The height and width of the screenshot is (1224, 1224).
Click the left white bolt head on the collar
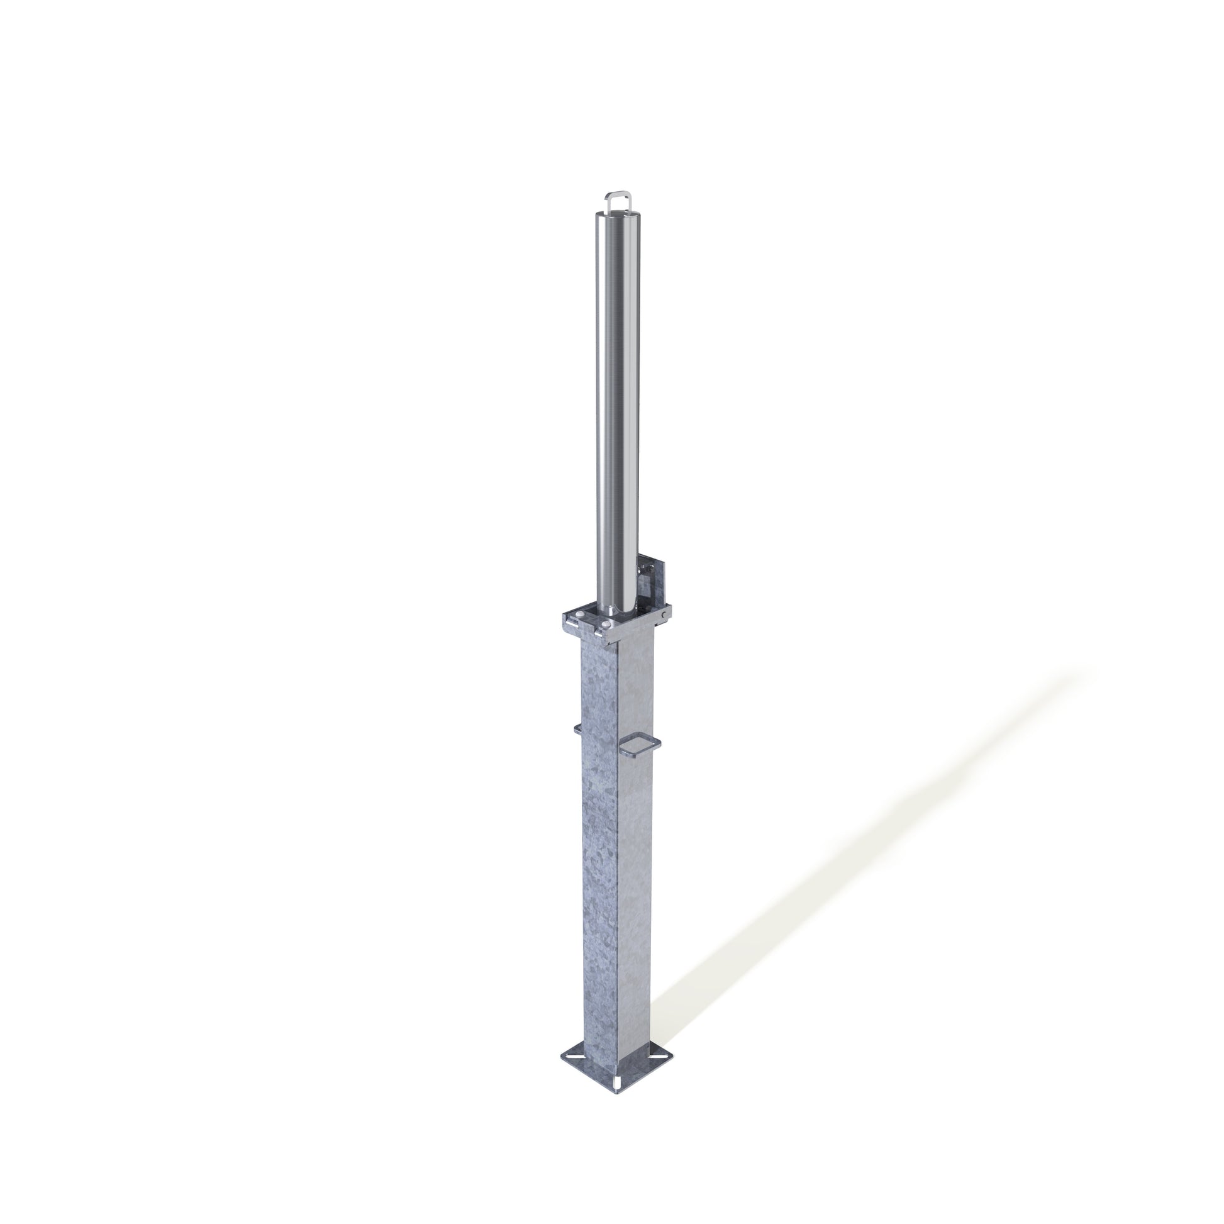pyautogui.click(x=581, y=614)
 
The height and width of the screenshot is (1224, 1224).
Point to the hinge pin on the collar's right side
pyautogui.click(x=664, y=615)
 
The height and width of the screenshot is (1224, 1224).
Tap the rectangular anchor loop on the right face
pyautogui.click(x=640, y=746)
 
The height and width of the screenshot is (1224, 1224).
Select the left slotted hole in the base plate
pyautogui.click(x=576, y=1057)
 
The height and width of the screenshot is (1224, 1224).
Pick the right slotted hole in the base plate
pyautogui.click(x=659, y=1057)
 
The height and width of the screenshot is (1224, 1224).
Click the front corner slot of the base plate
pyautogui.click(x=617, y=1083)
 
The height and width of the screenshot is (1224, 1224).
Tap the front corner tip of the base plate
pyautogui.click(x=617, y=1094)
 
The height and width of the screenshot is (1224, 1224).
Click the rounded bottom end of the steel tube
pyautogui.click(x=627, y=609)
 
